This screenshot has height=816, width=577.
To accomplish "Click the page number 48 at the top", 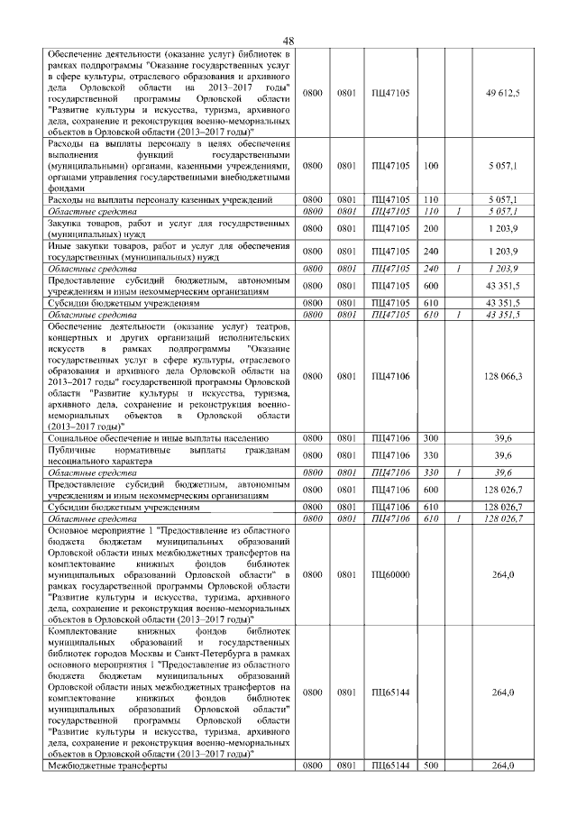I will [288, 40].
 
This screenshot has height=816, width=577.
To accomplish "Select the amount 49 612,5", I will [502, 92].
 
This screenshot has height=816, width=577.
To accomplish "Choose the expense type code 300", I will [430, 437].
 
